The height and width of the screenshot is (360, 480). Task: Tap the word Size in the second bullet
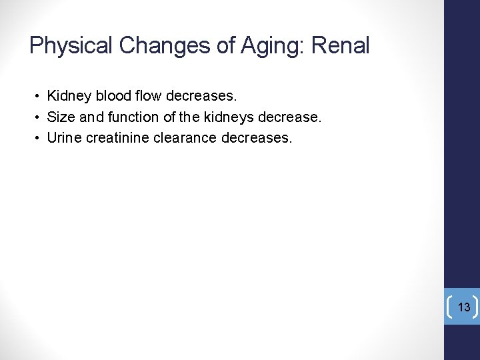tap(61, 118)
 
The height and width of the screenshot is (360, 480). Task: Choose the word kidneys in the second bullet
tap(231, 118)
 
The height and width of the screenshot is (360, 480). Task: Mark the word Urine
tap(64, 138)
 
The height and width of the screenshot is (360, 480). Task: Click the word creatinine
tap(117, 138)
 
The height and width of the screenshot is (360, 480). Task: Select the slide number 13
tap(464, 307)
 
